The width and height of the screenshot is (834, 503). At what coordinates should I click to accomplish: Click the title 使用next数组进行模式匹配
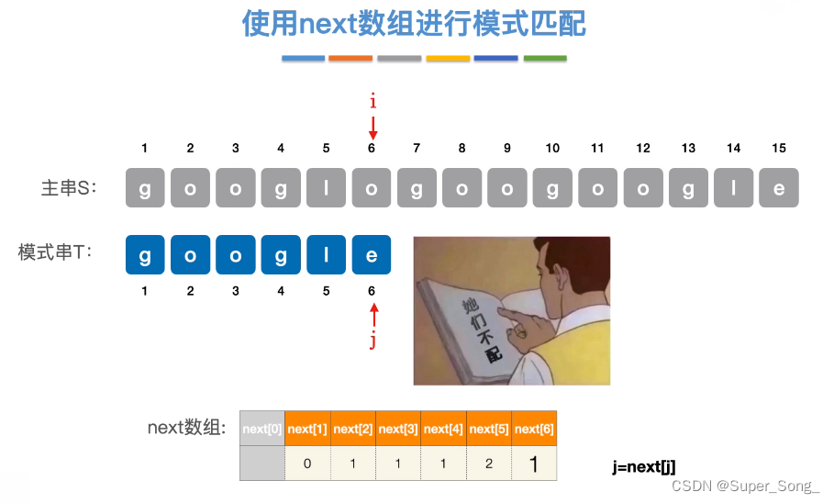pos(414,25)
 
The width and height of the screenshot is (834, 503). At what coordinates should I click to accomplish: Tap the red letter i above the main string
pos(373,102)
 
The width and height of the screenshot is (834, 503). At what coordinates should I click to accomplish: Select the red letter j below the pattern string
pos(373,341)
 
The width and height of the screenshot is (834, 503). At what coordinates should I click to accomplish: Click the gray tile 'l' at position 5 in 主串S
pos(327,187)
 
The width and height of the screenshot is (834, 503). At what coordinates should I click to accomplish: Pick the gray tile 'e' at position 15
pos(779,187)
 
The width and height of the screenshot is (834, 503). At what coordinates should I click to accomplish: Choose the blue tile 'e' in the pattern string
pos(372,255)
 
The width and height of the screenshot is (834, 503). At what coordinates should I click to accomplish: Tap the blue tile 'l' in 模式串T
pos(327,255)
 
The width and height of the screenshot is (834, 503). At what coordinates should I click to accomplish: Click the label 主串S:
pos(70,188)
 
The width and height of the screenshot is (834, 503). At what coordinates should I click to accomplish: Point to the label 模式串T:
pos(56,252)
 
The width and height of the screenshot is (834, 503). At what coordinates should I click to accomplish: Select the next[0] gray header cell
pos(262,429)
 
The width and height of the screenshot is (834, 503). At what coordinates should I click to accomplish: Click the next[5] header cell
pos(488,429)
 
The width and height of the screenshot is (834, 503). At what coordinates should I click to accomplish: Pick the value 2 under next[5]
pos(488,464)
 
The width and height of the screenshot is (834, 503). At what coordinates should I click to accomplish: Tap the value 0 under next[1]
pos(307,464)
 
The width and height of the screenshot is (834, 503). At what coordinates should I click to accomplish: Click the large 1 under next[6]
pos(533,464)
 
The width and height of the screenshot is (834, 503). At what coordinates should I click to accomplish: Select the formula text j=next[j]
pos(644,466)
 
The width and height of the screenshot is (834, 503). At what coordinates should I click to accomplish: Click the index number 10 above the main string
pos(552,149)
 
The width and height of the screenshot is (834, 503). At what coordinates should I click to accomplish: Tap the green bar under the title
pos(545,59)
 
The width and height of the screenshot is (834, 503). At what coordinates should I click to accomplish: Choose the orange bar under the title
pos(350,59)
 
